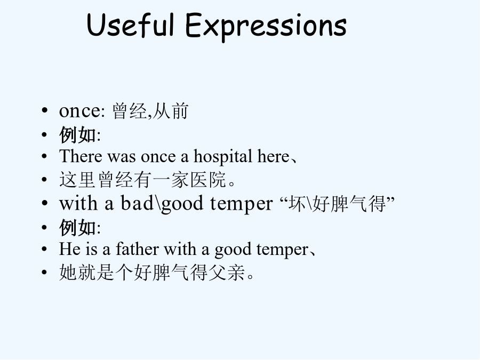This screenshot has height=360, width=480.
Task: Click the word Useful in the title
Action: tap(131, 25)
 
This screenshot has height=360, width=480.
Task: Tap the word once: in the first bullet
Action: tap(82, 111)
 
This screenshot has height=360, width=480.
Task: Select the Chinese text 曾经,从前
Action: tap(150, 111)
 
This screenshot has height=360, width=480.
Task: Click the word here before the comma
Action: tap(273, 156)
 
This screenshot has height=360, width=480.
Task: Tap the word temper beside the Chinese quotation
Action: tap(241, 204)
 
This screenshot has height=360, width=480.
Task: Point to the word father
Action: tap(137, 249)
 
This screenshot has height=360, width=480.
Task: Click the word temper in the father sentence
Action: tap(283, 250)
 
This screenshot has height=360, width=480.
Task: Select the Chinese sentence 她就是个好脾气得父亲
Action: tap(156, 272)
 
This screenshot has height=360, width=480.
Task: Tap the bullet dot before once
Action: tap(45, 110)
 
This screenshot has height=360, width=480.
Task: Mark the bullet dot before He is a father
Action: tap(45, 249)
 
